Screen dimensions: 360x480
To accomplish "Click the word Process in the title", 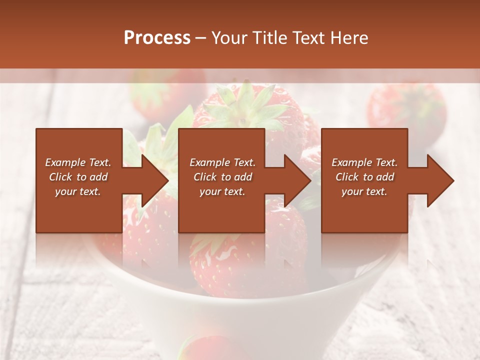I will click(157, 38).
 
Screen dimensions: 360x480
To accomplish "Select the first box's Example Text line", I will click(78, 162).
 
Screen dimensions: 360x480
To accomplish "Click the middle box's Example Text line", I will click(222, 162).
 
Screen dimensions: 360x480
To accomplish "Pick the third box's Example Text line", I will click(364, 162).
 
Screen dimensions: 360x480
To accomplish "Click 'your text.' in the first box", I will click(78, 191).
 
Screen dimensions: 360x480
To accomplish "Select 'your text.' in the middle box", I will click(222, 191).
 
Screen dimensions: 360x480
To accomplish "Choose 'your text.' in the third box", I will click(364, 191).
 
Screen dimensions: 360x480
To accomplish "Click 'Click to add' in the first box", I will click(78, 177).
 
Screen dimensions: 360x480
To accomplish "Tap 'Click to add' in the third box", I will click(364, 177).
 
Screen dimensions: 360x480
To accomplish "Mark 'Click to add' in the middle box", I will click(222, 177).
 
